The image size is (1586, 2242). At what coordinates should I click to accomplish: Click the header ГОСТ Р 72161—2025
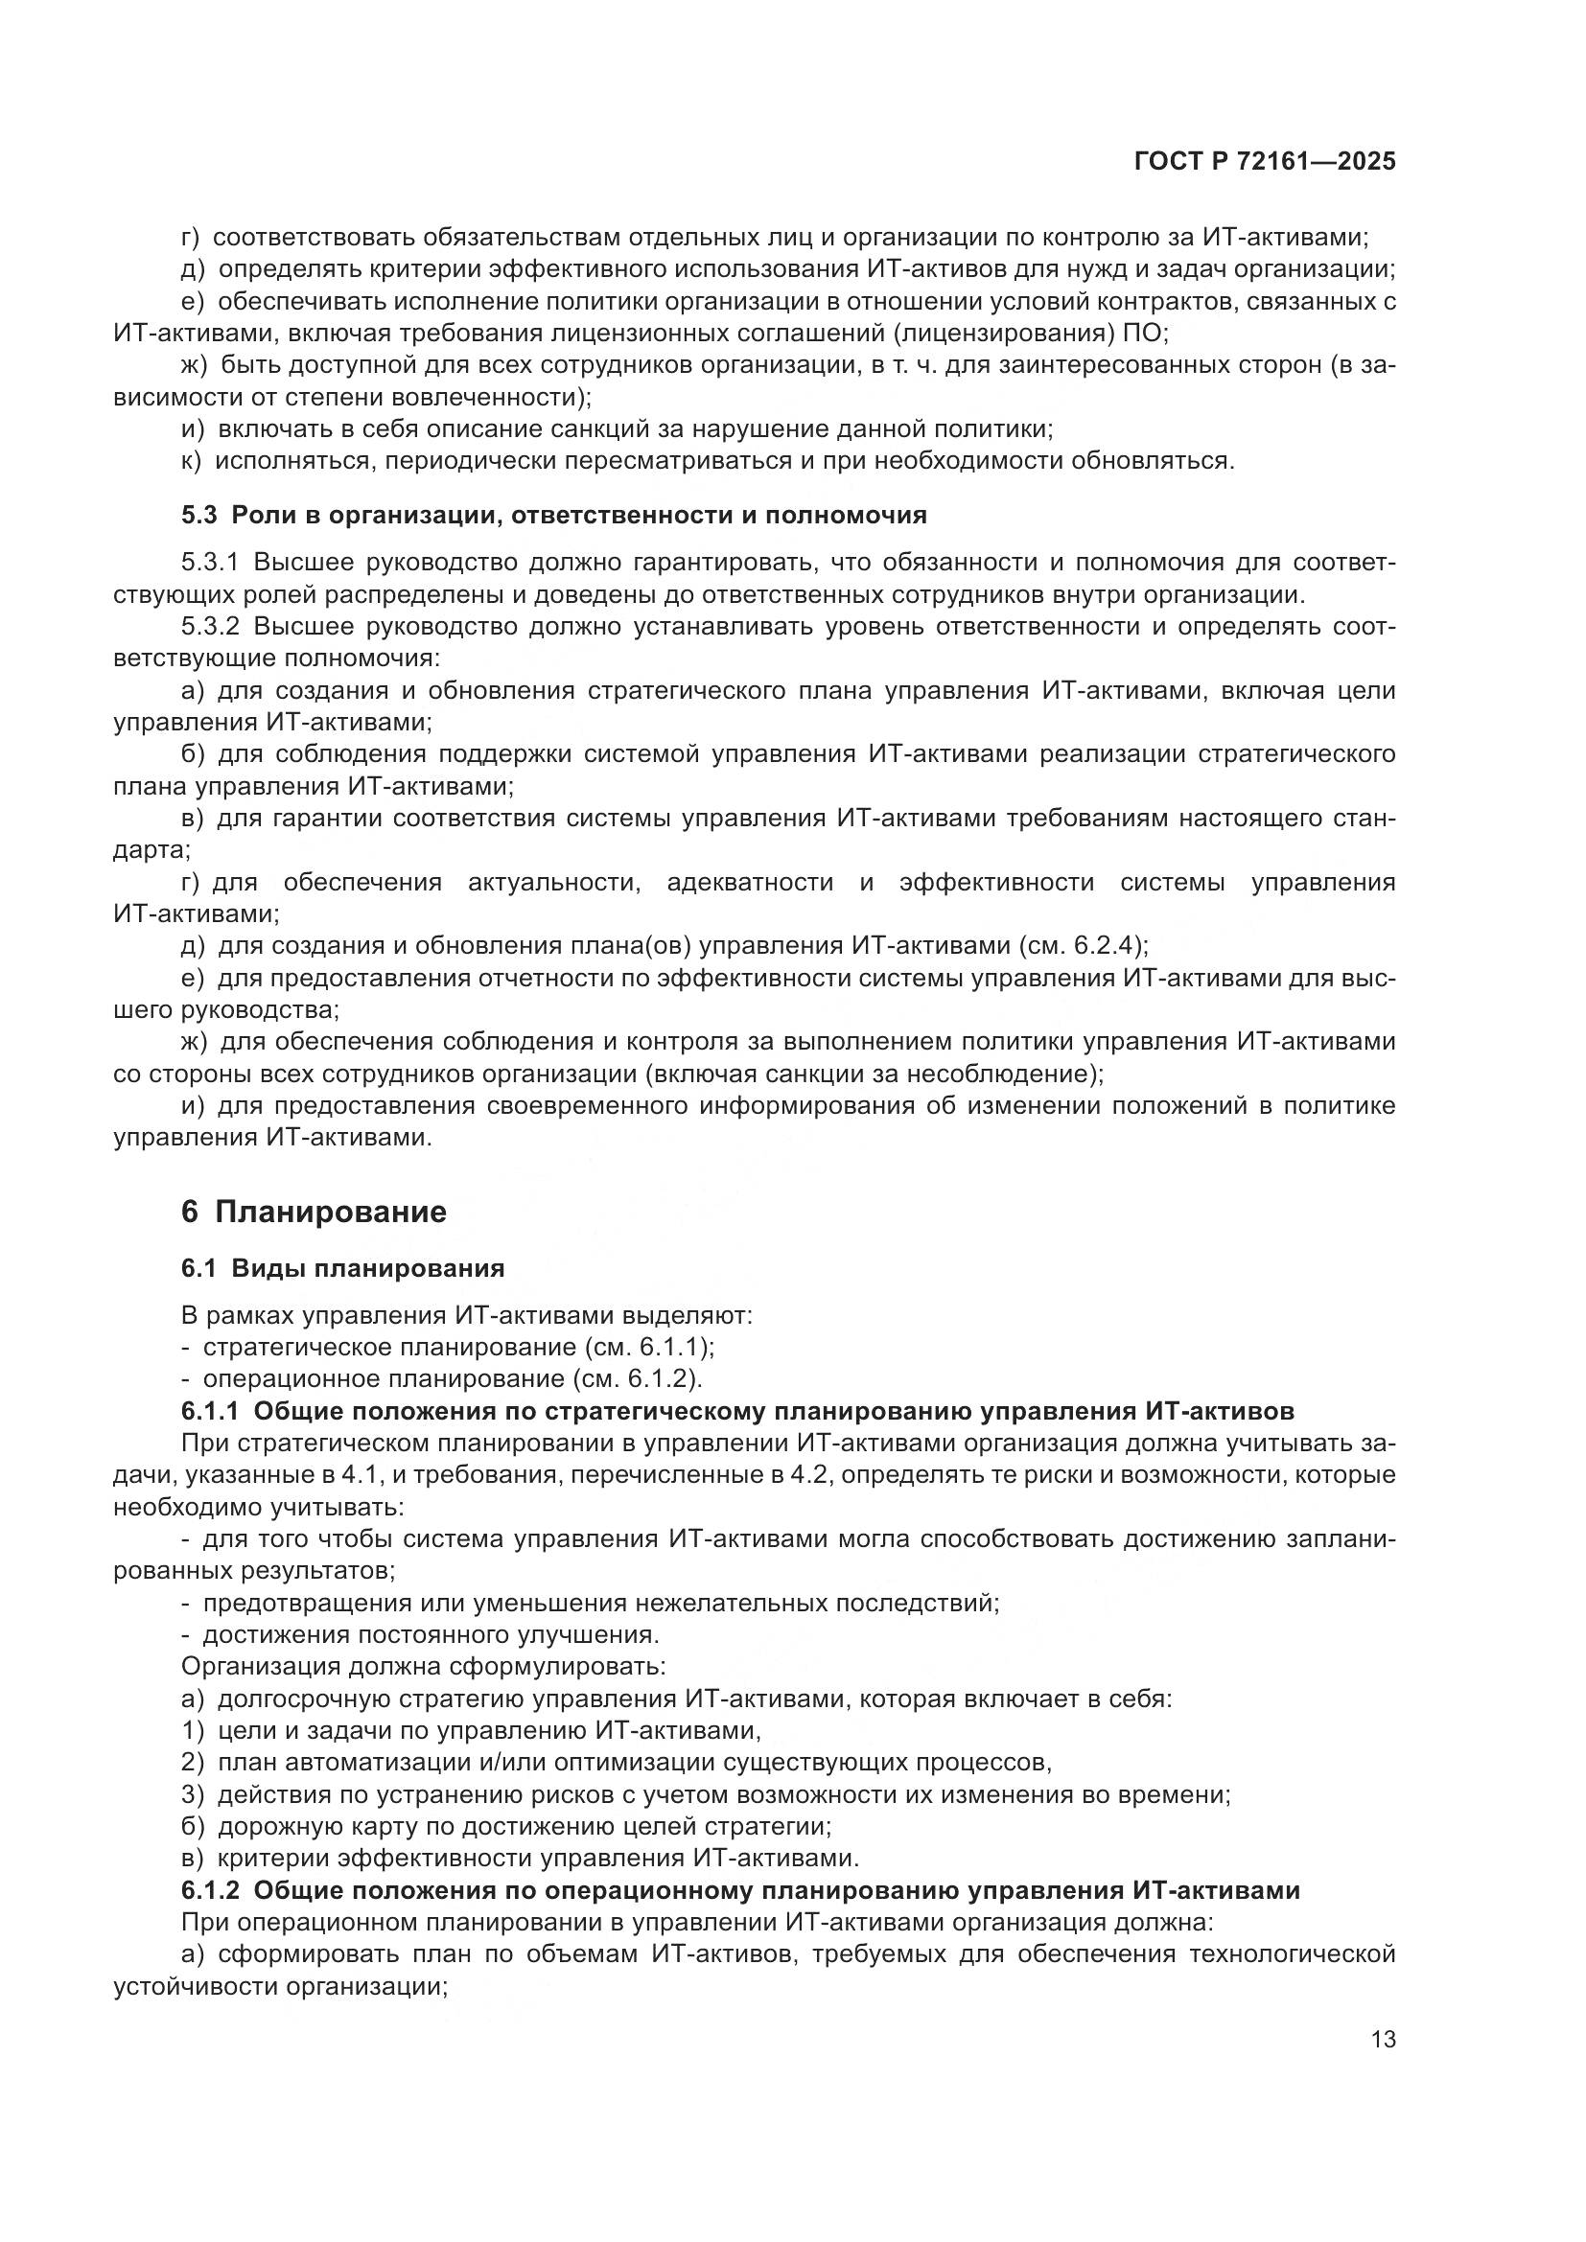(x=1265, y=162)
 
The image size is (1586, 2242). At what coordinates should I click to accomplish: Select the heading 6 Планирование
(x=314, y=1212)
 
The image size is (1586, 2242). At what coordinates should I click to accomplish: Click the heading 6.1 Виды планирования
(x=341, y=1268)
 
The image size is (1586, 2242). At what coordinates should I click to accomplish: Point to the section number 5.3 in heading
(x=200, y=515)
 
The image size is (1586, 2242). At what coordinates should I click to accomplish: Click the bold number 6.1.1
(x=210, y=1411)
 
